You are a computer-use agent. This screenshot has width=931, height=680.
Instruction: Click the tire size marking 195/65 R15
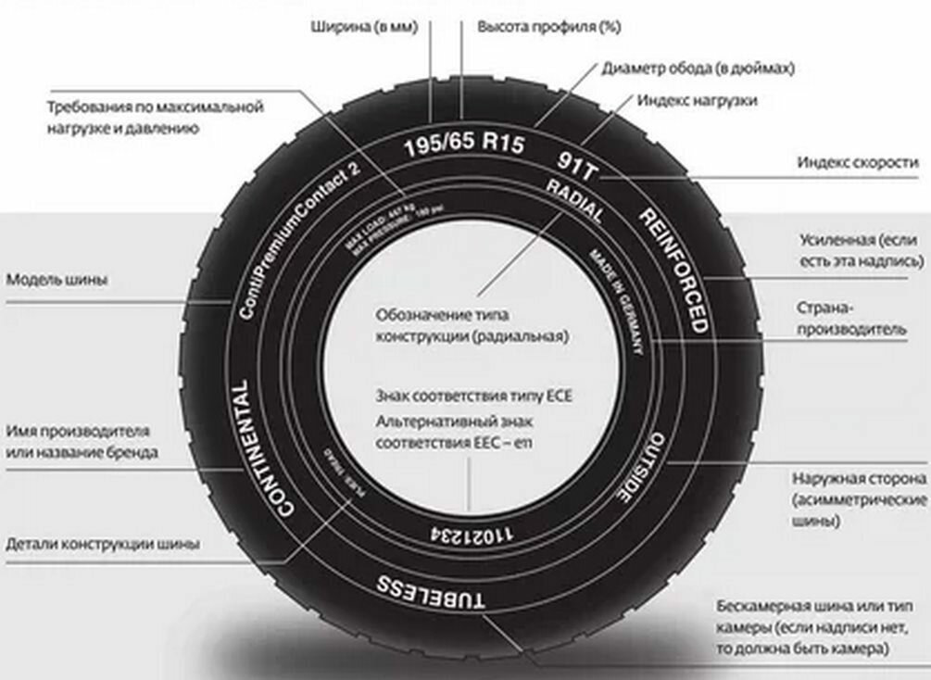tap(465, 145)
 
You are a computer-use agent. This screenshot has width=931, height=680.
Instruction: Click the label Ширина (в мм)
tap(364, 27)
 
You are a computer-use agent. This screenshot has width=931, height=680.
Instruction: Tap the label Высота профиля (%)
tap(548, 27)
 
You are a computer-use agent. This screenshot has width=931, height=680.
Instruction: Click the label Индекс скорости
tap(858, 162)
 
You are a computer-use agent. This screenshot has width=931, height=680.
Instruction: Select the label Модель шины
tap(56, 279)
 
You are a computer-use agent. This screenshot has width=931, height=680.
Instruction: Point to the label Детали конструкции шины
tap(103, 544)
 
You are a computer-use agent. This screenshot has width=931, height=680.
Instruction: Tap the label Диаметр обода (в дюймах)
tap(698, 69)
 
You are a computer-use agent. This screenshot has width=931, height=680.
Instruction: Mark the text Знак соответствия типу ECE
tap(474, 397)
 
